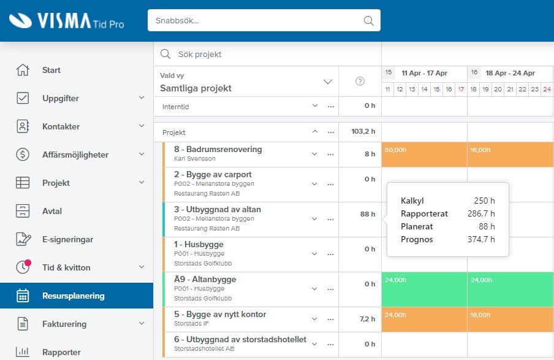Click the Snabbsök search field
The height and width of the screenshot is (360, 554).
click(x=264, y=20)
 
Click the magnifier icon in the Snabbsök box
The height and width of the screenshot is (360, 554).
click(x=368, y=21)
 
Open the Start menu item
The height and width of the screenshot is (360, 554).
click(x=51, y=70)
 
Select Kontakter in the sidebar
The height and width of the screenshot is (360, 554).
click(x=61, y=126)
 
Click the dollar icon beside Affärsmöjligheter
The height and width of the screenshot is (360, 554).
click(x=23, y=155)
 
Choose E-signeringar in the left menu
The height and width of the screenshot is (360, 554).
click(x=67, y=239)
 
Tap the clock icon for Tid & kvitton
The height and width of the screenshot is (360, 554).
click(x=23, y=267)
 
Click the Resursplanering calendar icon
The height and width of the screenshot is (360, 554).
click(x=23, y=296)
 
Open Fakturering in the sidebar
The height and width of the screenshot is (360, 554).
click(x=64, y=324)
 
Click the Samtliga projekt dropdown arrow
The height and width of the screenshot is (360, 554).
click(x=328, y=82)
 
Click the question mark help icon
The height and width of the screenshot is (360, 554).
click(x=360, y=82)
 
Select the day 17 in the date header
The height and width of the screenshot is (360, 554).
click(x=461, y=89)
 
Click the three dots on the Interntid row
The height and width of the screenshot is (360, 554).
click(x=331, y=107)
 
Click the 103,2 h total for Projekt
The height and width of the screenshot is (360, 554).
click(x=363, y=132)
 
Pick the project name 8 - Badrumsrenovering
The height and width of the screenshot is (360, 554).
click(x=218, y=149)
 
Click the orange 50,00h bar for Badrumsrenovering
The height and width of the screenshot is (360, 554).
click(x=424, y=155)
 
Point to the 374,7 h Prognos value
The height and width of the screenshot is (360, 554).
click(x=481, y=239)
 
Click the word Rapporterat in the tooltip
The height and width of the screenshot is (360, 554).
click(x=424, y=213)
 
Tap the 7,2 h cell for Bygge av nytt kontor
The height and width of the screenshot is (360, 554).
click(x=368, y=319)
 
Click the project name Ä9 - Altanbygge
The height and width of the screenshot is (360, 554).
click(x=205, y=279)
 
